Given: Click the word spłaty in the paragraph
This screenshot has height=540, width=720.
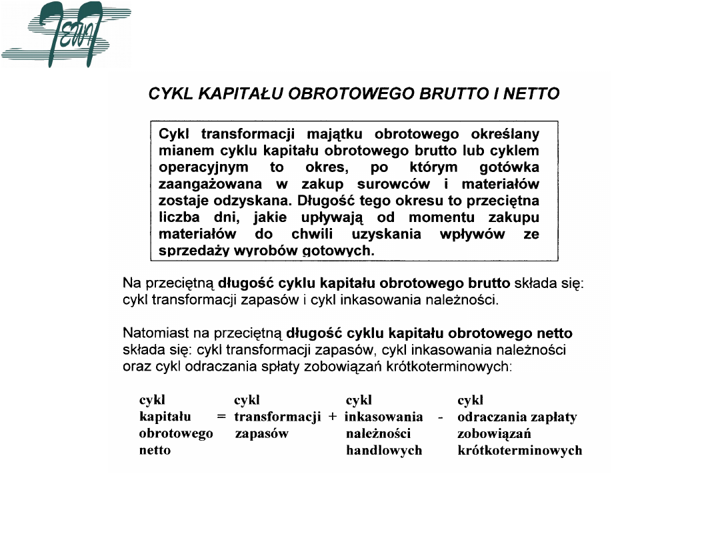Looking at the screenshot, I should (x=254, y=366).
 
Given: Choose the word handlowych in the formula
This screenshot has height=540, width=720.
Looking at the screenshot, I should (x=384, y=451).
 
